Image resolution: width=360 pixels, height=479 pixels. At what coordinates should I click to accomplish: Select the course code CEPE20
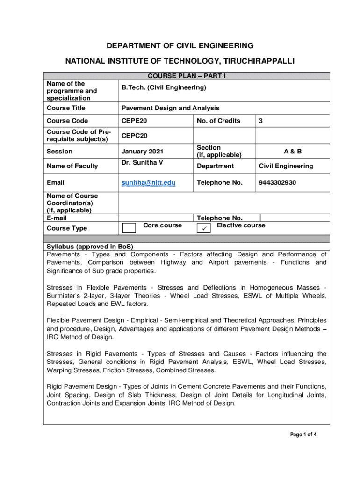(134, 121)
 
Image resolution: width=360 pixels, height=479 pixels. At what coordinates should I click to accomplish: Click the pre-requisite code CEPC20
(135, 136)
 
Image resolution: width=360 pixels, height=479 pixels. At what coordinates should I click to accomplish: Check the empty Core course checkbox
(129, 228)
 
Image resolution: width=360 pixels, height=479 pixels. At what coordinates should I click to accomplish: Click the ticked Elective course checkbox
(204, 228)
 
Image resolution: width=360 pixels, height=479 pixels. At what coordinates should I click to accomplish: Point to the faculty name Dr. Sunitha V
(143, 162)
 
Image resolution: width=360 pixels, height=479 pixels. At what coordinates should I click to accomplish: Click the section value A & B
(293, 151)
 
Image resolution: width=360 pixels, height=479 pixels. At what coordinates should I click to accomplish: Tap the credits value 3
(261, 121)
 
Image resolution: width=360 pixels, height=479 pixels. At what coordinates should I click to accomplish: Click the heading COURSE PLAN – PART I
(187, 76)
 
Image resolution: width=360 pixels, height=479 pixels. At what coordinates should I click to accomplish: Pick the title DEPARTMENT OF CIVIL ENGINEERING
(180, 45)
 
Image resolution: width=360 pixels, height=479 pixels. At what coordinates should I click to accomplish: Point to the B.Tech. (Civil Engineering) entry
(164, 87)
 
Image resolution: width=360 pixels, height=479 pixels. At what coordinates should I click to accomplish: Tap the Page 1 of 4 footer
(303, 435)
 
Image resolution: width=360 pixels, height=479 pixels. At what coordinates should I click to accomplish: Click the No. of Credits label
(218, 121)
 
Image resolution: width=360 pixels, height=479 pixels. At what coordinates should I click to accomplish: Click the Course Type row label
(67, 228)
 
